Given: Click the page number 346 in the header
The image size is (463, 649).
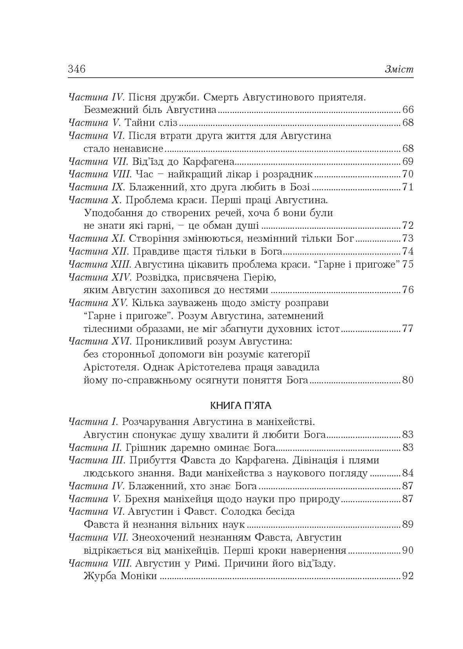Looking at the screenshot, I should tap(76, 69).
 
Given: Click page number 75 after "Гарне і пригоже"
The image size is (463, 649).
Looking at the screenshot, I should tap(408, 264).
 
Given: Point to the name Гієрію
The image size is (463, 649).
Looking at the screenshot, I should tap(257, 277).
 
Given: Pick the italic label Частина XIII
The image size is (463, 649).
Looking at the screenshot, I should tap(96, 264).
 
